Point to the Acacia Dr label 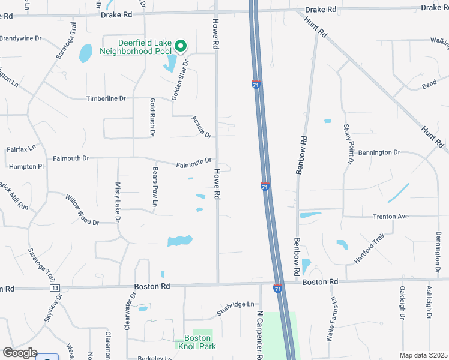point(202,126)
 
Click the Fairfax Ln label point(21,148)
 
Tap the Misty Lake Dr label point(118,202)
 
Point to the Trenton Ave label point(390,216)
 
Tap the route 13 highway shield point(55,289)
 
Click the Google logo point(20,353)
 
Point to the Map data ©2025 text point(423,355)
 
